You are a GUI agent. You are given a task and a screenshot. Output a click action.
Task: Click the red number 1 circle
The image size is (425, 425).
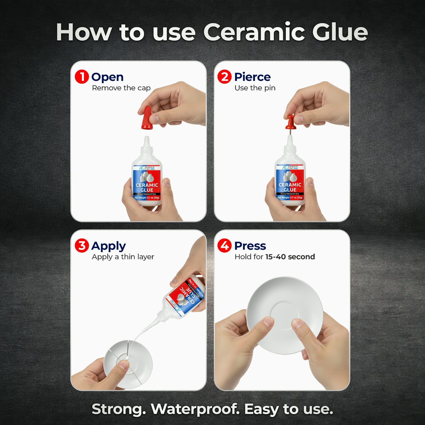pos(82,77)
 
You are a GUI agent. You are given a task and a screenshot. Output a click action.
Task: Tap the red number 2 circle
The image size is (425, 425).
pos(224,77)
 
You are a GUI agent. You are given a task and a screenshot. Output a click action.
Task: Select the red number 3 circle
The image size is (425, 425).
pos(82,246)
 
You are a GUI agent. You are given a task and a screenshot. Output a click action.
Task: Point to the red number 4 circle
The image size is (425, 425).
pos(224,246)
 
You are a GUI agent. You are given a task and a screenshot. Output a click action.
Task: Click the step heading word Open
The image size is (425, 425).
pos(107,77)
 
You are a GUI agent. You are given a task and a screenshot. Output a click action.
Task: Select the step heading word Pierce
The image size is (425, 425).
pos(252,77)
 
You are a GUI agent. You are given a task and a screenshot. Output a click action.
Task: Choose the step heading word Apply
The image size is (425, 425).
pos(108,246)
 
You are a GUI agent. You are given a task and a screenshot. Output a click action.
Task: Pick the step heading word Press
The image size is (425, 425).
pos(250,246)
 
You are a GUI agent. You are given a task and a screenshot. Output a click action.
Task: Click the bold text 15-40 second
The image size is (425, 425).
pos(290,257)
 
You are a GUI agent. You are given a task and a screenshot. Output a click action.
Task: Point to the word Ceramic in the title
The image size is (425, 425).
pos(254,32)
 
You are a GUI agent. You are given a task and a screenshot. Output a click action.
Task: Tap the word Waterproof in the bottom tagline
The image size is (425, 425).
pos(195,409)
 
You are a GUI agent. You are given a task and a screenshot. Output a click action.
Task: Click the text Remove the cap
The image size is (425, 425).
pos(121,88)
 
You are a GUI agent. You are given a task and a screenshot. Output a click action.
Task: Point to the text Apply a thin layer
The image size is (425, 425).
pos(123,257)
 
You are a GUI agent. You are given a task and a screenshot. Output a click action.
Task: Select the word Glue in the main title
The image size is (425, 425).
pos(340,32)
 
